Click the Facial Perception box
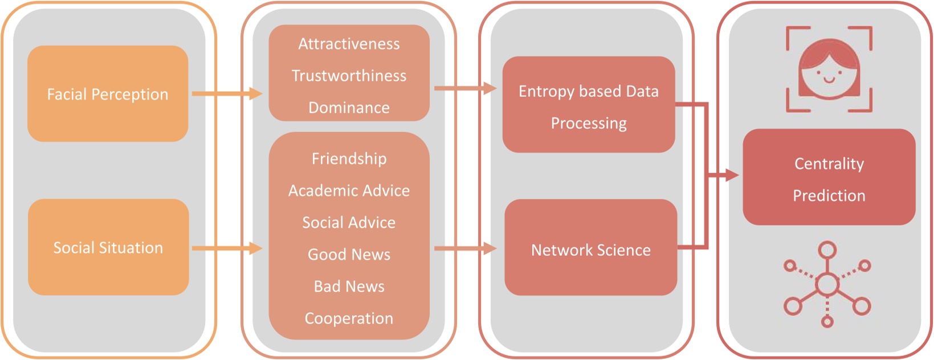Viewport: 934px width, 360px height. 108,94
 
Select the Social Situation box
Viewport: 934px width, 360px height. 108,247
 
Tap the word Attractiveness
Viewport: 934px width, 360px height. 349,44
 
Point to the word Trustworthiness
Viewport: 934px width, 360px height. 349,75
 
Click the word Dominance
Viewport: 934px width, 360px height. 349,108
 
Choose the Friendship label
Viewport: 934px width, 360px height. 349,159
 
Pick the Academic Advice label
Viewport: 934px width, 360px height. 349,190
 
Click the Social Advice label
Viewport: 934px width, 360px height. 349,223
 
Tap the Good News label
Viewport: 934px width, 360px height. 349,254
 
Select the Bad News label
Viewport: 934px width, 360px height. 349,287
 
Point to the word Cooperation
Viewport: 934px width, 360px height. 349,318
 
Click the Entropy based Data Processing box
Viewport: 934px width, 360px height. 589,105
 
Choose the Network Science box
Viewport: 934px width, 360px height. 591,247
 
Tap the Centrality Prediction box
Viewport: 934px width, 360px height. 829,177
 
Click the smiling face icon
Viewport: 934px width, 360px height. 829,69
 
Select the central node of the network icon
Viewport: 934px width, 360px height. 827,285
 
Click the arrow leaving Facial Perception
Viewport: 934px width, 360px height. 227,94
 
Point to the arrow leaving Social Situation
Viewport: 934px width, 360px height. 227,248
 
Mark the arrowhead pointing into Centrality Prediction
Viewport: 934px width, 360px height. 732,175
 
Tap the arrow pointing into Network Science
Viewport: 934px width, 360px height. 466,248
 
